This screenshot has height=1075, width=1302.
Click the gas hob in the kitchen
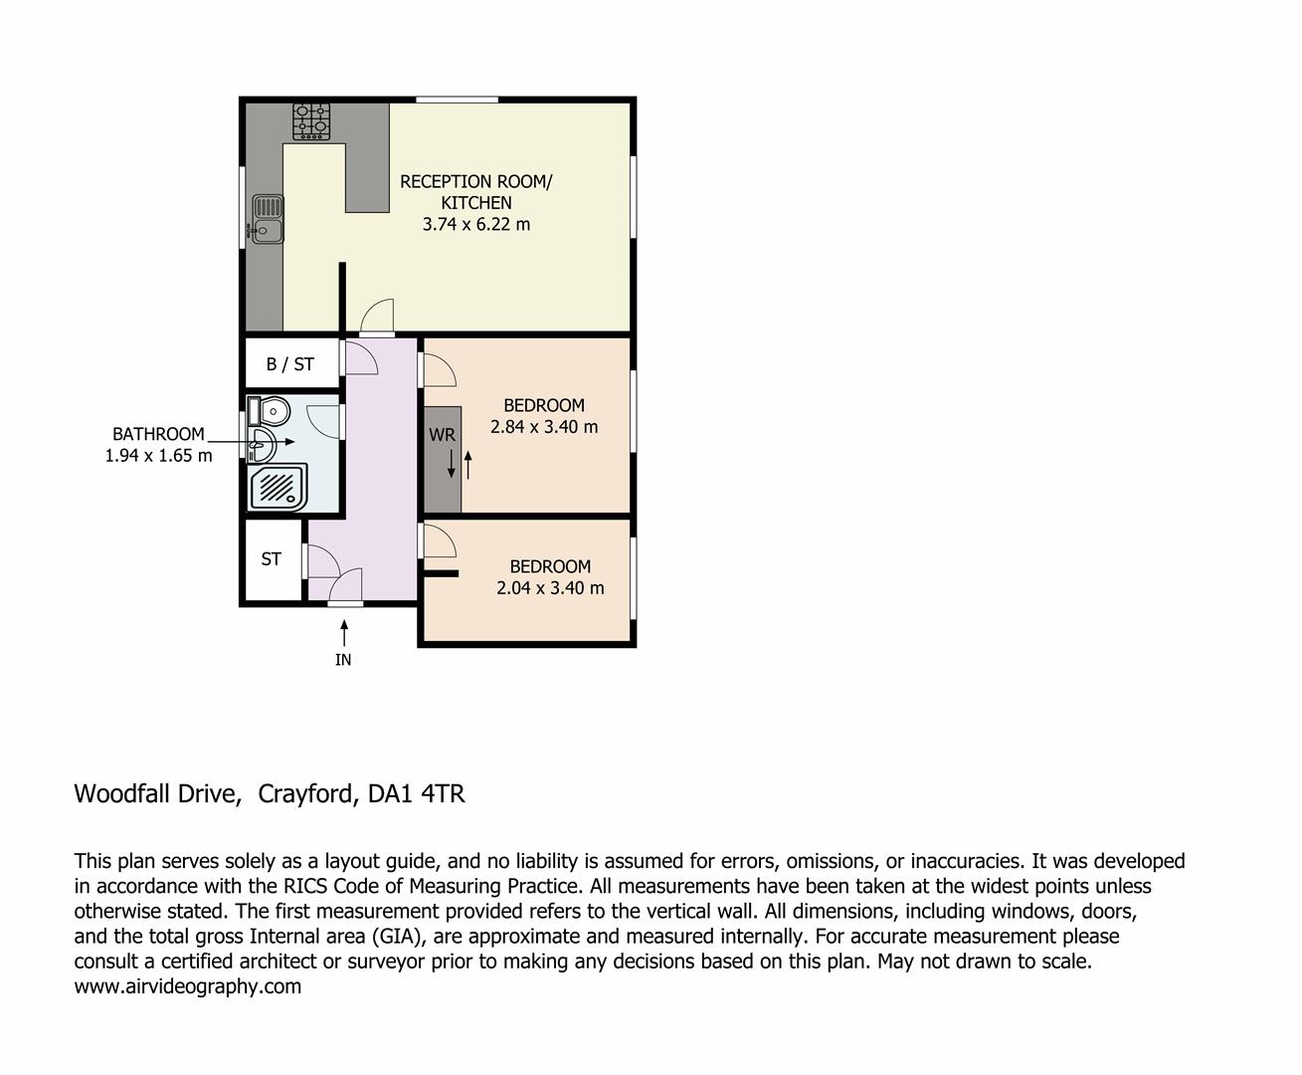[311, 121]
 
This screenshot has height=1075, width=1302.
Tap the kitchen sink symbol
[268, 219]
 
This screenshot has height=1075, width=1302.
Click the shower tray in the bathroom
[278, 489]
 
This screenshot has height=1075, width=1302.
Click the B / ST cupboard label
[290, 364]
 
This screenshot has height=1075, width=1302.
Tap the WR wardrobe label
[442, 435]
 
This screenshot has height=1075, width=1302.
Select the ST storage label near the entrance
[272, 559]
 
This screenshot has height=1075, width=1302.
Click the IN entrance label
[343, 660]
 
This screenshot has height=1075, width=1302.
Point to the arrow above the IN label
[344, 632]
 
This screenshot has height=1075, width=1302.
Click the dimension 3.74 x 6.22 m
[476, 225]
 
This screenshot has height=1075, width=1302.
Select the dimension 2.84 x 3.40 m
[544, 427]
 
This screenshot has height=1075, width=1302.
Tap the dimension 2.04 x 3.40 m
[550, 588]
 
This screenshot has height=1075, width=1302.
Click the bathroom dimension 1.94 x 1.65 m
[159, 456]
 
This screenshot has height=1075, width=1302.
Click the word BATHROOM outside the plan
[158, 434]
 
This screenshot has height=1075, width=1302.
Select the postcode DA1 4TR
[416, 794]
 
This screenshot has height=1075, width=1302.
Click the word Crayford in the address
[305, 794]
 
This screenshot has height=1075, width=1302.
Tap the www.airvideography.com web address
[188, 986]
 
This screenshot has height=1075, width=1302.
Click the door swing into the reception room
[377, 316]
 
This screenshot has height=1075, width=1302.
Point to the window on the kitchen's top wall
[457, 100]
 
